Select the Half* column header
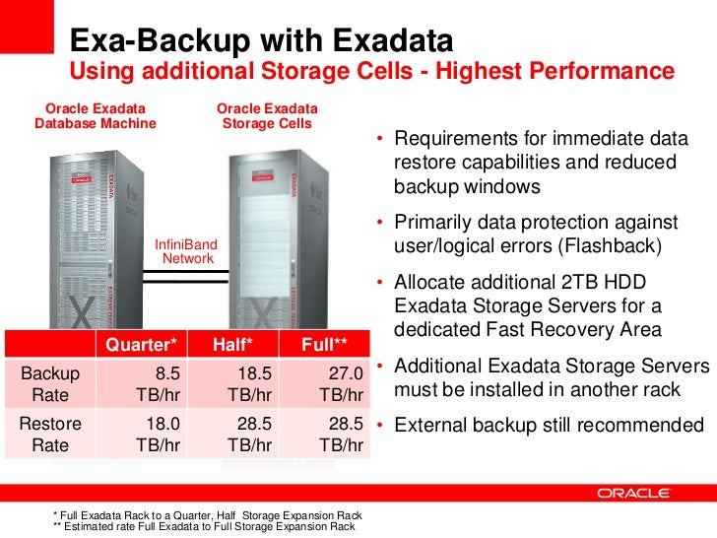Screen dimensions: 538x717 click(232, 344)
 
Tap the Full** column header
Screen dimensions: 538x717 click(326, 344)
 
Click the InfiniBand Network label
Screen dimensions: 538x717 click(188, 251)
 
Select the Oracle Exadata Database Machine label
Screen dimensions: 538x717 click(96, 115)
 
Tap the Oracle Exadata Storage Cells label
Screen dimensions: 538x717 click(267, 115)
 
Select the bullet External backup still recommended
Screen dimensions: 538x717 click(548, 426)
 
